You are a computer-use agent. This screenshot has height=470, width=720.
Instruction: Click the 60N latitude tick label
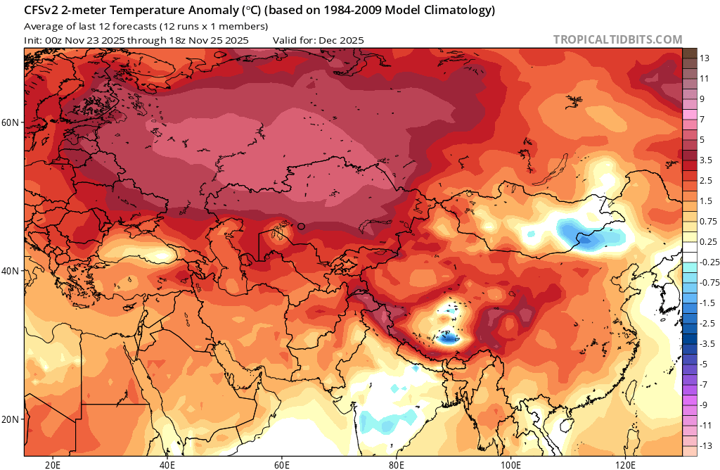11,122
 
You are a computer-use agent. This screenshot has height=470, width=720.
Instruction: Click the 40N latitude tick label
11,271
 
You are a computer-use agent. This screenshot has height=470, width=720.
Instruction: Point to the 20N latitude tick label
11,419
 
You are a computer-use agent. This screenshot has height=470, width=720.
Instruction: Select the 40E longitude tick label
167,464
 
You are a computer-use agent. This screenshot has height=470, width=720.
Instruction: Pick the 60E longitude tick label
282,464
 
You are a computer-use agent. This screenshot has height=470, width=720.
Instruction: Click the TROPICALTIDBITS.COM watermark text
617,40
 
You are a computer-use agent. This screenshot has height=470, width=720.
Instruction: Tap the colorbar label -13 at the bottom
705,445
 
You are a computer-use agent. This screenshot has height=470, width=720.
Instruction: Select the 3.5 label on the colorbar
705,160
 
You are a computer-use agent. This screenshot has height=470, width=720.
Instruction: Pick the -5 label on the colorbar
705,364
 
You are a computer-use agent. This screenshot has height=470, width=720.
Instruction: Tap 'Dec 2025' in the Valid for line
341,40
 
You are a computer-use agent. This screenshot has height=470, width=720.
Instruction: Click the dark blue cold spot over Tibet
446,338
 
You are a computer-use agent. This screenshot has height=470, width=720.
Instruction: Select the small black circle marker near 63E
301,226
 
